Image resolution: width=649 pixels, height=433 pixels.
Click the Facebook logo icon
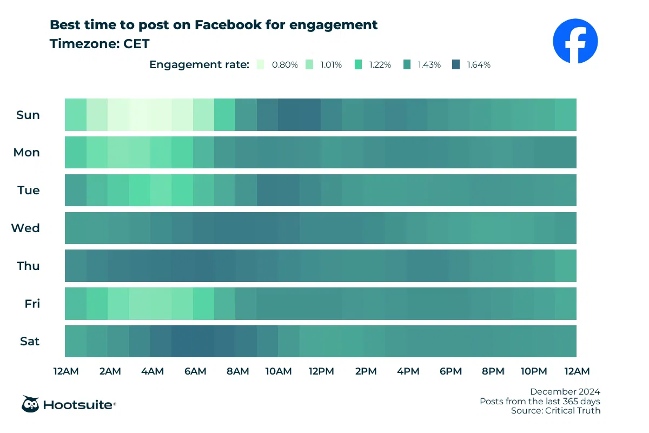[575, 41]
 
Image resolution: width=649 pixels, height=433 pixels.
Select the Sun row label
[28, 115]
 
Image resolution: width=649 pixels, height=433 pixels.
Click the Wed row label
[26, 228]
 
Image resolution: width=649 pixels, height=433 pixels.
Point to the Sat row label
[30, 341]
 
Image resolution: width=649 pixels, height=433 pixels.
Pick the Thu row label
[28, 266]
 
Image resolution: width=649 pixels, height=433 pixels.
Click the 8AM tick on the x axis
[237, 371]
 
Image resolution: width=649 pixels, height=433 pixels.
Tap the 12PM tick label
[321, 371]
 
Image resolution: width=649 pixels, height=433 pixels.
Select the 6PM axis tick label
[450, 371]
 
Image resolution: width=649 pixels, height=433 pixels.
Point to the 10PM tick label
[534, 371]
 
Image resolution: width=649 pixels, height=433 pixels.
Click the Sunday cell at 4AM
[161, 115]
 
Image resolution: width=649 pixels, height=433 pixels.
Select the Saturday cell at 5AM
[182, 341]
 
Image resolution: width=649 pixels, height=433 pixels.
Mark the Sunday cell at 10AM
[289, 115]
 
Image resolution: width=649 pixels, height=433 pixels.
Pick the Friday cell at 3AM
[140, 304]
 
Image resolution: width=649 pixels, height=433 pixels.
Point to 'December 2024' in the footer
[565, 391]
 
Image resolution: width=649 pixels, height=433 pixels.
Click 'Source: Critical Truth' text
[555, 411]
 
